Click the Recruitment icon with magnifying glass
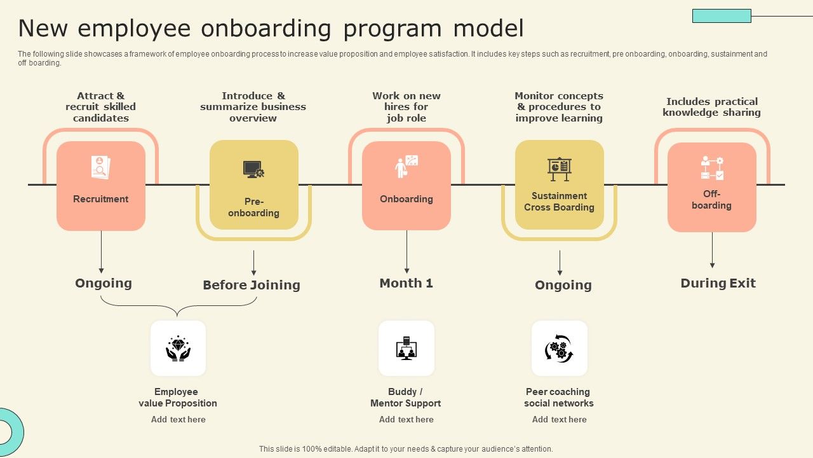(x=100, y=168)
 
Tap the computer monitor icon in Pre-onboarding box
(x=253, y=169)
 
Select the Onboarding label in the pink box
(x=406, y=199)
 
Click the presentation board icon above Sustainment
(x=559, y=169)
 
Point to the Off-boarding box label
(x=711, y=200)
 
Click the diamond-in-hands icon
(x=178, y=349)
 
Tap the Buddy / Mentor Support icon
(x=406, y=349)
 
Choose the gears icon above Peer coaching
(x=559, y=349)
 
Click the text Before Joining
(x=252, y=285)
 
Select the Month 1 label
(x=406, y=283)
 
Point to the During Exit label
(x=718, y=283)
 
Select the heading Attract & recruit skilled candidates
(x=101, y=107)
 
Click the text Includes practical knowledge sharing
(x=711, y=107)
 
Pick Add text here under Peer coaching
(x=559, y=419)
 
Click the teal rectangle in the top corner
(x=722, y=16)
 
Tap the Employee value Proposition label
(x=178, y=398)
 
